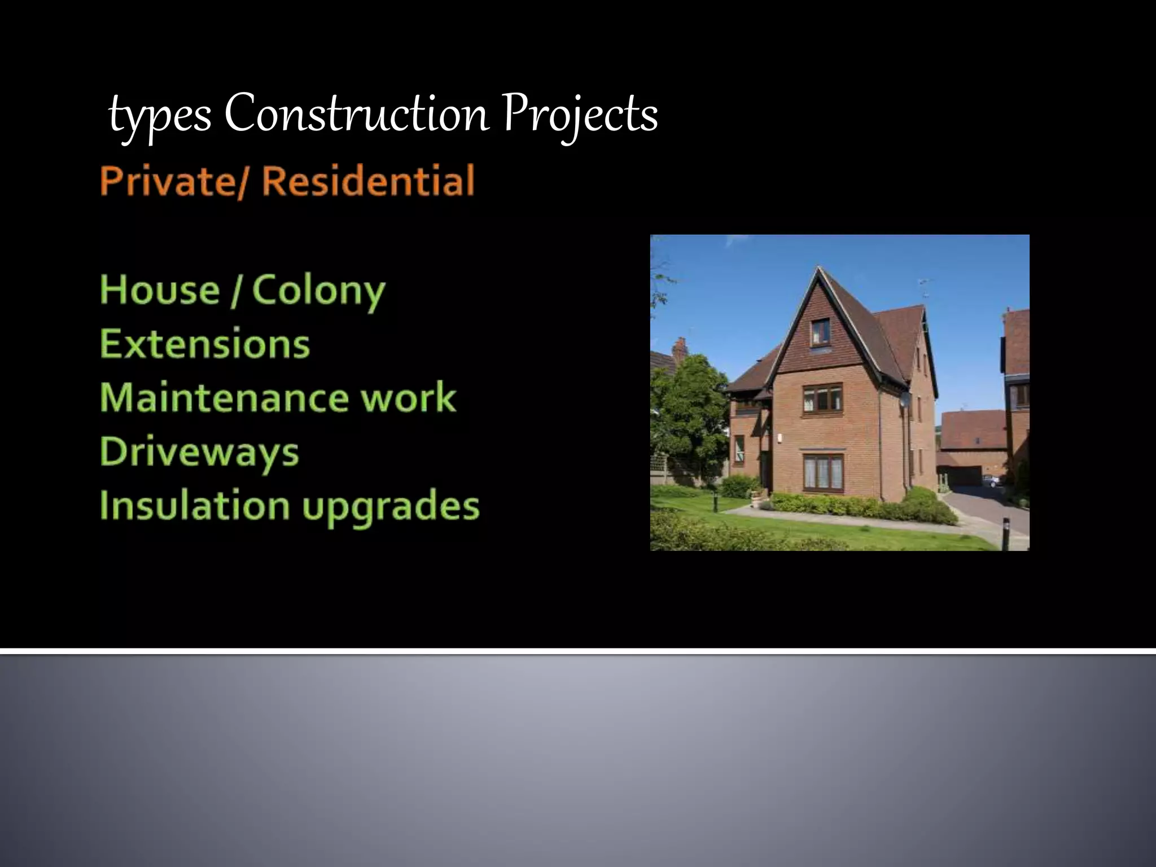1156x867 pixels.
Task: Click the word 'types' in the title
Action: pos(160,116)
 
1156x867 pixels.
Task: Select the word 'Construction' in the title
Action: pos(356,115)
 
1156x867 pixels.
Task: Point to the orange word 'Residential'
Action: pos(368,181)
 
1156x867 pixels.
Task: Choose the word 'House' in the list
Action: pos(160,290)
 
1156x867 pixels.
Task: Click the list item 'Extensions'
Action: pos(205,344)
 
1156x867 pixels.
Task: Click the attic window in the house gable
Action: pos(821,332)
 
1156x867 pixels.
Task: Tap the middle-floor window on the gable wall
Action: pos(822,398)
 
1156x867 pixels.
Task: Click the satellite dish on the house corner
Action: pos(905,400)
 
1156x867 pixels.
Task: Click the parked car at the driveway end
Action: pos(992,481)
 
